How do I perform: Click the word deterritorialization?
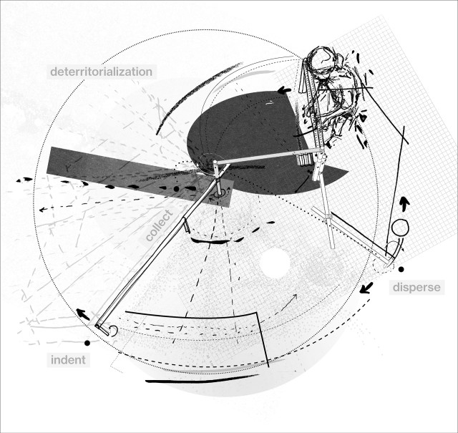pos(102,72)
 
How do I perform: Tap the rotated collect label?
pos(159,225)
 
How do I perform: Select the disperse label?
pos(416,288)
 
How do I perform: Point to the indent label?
pos(68,360)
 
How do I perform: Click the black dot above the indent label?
pos(87,343)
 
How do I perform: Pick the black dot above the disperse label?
pos(401,269)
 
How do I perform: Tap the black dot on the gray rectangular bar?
pos(176,189)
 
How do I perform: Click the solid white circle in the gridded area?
pos(275,263)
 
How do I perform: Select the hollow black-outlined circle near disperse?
pos(400,228)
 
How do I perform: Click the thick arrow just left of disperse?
pos(366,288)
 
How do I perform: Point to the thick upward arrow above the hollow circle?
pos(404,203)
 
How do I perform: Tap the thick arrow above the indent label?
pos(83,314)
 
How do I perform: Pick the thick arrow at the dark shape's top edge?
pos(284,90)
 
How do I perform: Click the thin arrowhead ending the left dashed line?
pos(42,210)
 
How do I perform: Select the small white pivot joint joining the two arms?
pos(215,162)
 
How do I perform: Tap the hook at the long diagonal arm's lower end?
pos(113,331)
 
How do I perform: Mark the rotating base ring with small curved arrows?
pos(218,193)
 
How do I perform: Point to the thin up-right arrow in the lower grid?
pos(289,303)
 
